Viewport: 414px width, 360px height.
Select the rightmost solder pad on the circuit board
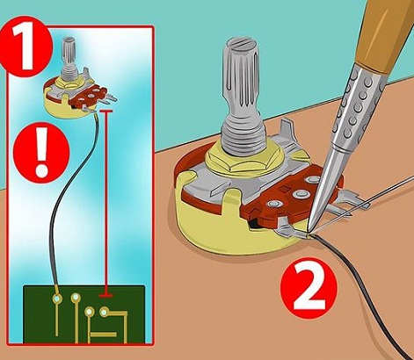click(105, 311)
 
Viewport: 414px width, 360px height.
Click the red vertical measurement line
click(106, 202)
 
